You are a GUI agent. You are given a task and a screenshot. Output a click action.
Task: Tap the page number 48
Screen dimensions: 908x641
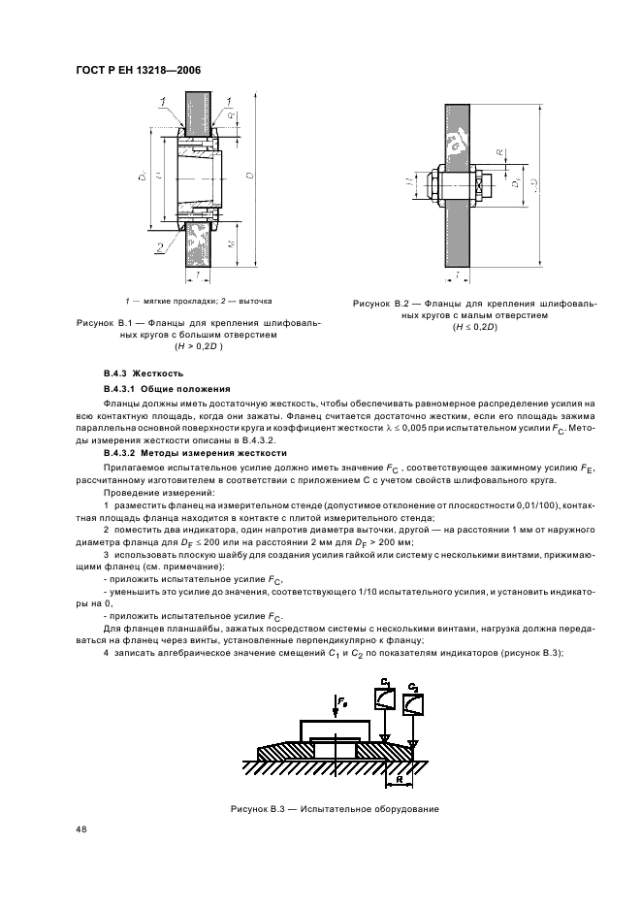tap(79, 829)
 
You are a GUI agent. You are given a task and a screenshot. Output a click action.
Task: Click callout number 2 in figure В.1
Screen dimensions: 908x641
tap(158, 248)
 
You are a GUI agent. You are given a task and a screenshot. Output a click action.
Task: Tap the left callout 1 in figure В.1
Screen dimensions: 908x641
tap(164, 101)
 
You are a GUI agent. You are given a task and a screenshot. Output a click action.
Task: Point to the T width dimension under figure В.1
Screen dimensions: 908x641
tap(197, 276)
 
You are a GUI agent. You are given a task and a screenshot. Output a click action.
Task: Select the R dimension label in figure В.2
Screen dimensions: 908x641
tap(500, 153)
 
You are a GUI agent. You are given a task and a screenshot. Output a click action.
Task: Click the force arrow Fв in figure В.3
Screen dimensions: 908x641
tap(338, 700)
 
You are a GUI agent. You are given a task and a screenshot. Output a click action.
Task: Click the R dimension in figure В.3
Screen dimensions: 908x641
tap(400, 777)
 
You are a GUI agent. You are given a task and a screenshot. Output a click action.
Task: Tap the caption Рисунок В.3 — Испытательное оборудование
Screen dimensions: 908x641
tap(335, 808)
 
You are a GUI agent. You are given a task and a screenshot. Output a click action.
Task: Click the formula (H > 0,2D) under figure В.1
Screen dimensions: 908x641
tap(199, 346)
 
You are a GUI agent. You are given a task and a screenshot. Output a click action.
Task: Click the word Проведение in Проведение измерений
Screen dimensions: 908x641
tap(131, 494)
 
